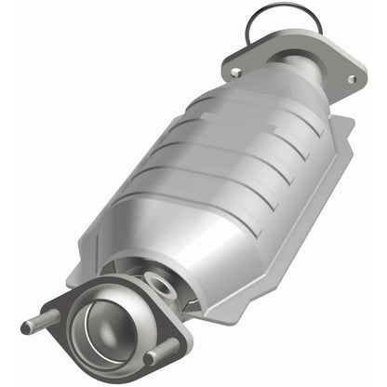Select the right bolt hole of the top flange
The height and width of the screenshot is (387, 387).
(352, 79)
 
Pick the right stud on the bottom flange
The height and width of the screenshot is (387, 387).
(163, 353)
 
